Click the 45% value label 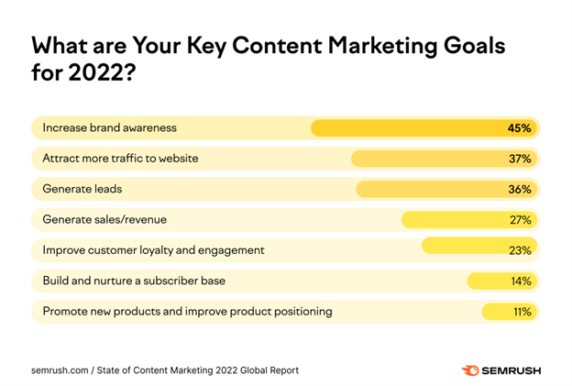pyautogui.click(x=519, y=128)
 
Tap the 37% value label pyautogui.click(x=521, y=159)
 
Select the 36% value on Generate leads pyautogui.click(x=521, y=189)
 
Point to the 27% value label pyautogui.click(x=521, y=220)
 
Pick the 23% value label pyautogui.click(x=521, y=250)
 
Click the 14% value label pyautogui.click(x=521, y=281)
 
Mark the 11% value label pyautogui.click(x=522, y=312)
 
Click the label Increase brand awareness pyautogui.click(x=109, y=127)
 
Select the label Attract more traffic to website pyautogui.click(x=120, y=159)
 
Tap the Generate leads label pyautogui.click(x=82, y=189)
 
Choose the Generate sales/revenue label pyautogui.click(x=104, y=220)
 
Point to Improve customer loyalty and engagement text pyautogui.click(x=153, y=250)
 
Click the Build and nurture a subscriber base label pyautogui.click(x=134, y=281)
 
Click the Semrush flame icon pyautogui.click(x=469, y=370)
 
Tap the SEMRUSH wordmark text pyautogui.click(x=510, y=370)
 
